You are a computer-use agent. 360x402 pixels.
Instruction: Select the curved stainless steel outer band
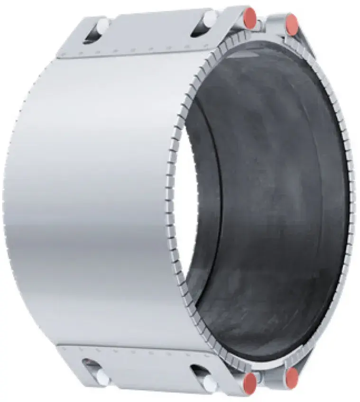(95, 199)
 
